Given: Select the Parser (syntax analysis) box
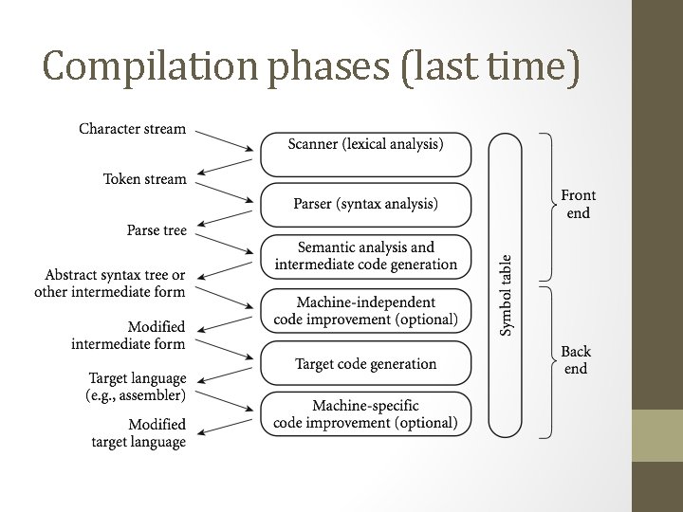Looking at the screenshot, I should click(365, 204).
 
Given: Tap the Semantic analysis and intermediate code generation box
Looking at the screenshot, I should click(365, 256).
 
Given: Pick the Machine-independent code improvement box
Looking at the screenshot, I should click(365, 310).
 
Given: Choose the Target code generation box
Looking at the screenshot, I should click(365, 363).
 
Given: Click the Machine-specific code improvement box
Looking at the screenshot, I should click(365, 414).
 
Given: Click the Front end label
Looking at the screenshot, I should click(578, 204).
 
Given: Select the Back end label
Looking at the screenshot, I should click(576, 360).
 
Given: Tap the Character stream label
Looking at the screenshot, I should click(132, 129).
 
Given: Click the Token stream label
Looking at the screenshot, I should click(144, 179).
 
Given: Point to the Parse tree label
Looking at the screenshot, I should click(157, 230).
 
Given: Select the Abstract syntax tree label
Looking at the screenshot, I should click(111, 283).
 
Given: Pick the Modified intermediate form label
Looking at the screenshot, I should click(129, 335).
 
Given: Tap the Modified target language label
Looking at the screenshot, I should click(138, 432).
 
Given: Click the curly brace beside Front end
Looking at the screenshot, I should click(547, 207).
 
